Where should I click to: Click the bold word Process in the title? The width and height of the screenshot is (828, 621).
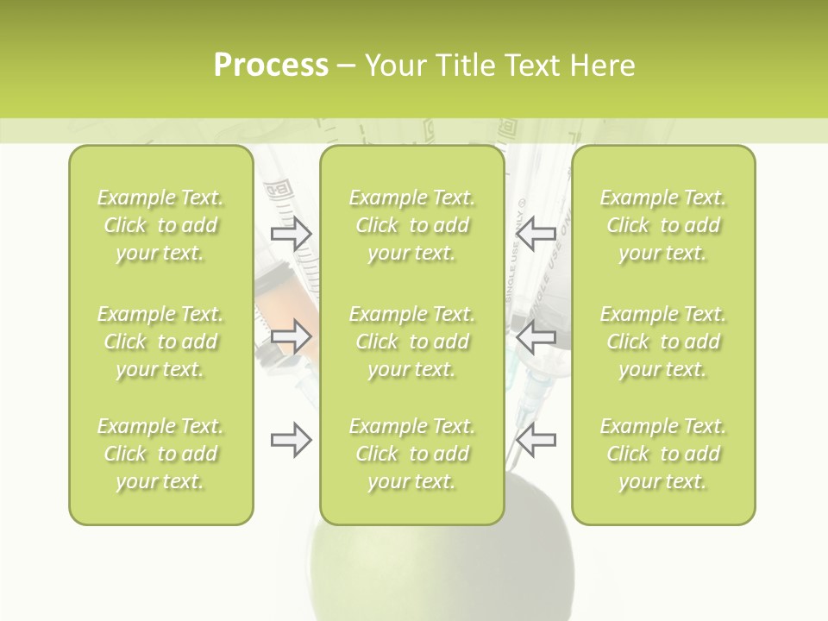(x=271, y=66)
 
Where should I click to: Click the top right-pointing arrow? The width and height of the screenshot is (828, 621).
(x=292, y=232)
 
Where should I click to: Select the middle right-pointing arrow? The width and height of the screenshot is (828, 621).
(x=292, y=336)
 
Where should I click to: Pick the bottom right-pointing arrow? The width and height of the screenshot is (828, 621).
(x=292, y=440)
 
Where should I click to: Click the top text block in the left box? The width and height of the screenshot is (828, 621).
(x=160, y=225)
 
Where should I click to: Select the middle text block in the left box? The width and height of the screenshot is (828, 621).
(x=160, y=342)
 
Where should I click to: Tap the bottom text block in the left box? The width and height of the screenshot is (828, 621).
(x=160, y=454)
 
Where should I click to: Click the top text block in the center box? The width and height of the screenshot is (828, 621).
(x=412, y=225)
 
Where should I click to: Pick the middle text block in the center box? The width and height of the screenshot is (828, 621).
(x=412, y=342)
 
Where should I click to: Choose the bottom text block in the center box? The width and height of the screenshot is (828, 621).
(x=412, y=454)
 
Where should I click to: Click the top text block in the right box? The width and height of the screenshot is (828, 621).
(x=663, y=225)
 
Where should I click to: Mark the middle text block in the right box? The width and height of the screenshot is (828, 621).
(x=663, y=342)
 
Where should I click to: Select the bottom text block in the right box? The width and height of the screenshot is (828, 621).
(x=663, y=454)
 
